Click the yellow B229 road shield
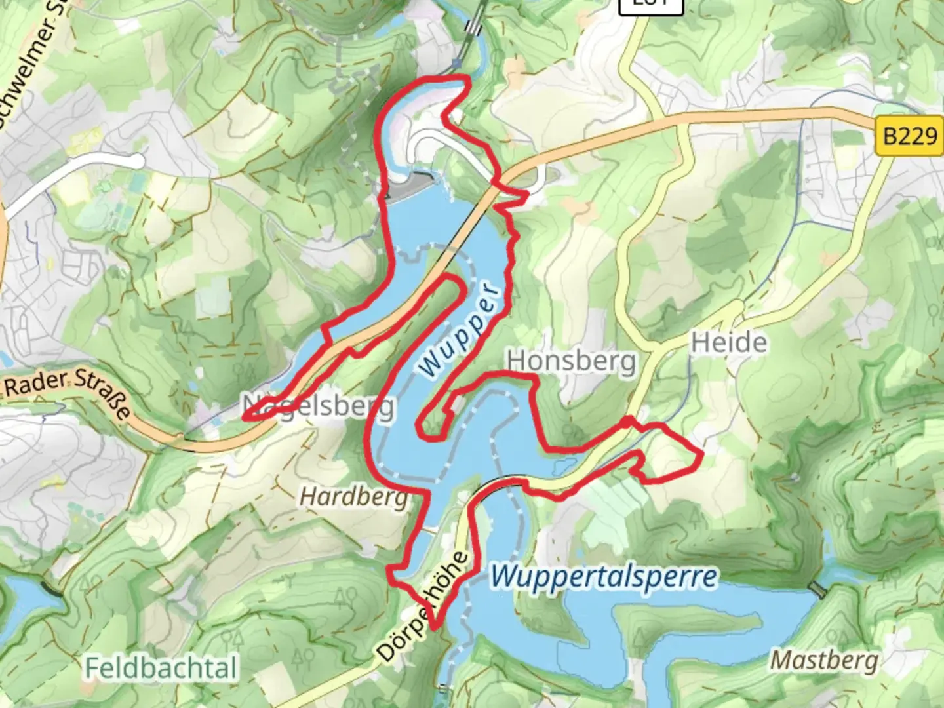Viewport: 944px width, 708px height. (x=910, y=136)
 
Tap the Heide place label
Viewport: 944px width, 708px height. (x=728, y=342)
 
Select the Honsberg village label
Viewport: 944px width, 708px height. (x=571, y=361)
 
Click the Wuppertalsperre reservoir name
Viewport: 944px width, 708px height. (x=604, y=577)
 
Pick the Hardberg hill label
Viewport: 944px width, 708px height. (x=354, y=497)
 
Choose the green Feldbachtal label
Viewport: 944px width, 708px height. (x=161, y=668)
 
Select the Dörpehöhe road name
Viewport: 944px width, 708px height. (x=423, y=606)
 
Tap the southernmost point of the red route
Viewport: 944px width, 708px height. (x=433, y=627)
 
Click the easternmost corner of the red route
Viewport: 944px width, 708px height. (x=702, y=453)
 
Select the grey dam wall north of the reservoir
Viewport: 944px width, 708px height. (x=410, y=186)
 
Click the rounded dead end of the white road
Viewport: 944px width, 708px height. (x=137, y=161)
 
